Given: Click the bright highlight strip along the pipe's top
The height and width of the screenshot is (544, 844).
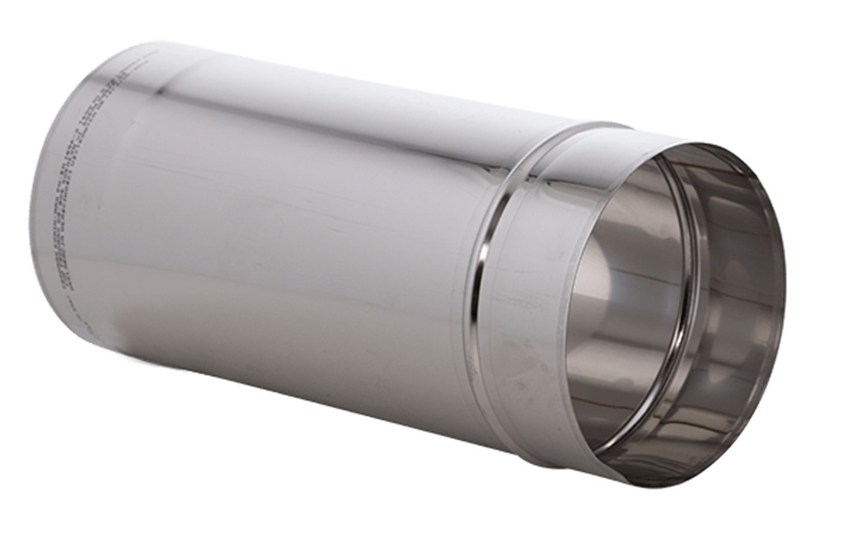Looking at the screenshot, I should coord(330,91).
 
